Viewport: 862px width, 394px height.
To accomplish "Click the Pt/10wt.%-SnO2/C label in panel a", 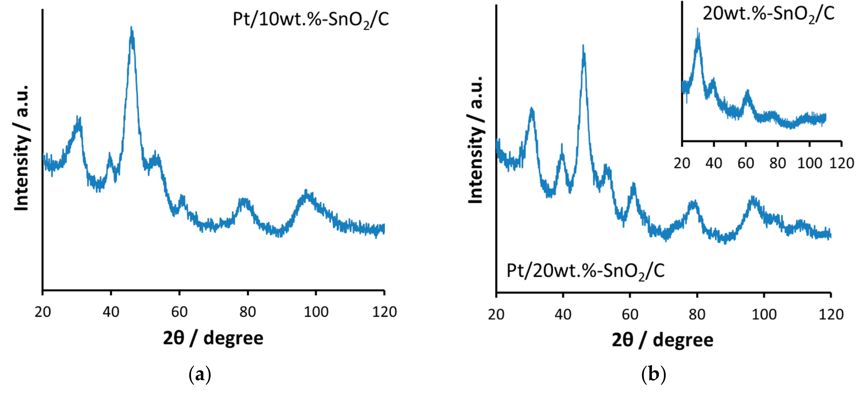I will coord(311,19).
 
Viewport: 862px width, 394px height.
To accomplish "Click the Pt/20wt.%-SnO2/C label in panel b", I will coord(585,271).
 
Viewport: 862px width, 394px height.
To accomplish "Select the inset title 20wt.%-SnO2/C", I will coord(768,14).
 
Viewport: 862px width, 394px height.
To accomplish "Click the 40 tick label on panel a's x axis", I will coord(111,312).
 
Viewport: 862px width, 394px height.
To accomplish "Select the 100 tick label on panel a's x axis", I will coord(316,312).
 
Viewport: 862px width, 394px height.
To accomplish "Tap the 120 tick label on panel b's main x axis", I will coord(831,314).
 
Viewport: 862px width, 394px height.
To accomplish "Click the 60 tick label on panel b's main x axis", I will coord(630,314).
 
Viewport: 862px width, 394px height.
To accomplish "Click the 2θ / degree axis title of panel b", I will coord(662,340).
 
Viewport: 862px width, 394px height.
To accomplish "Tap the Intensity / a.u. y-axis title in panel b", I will coord(475,140).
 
